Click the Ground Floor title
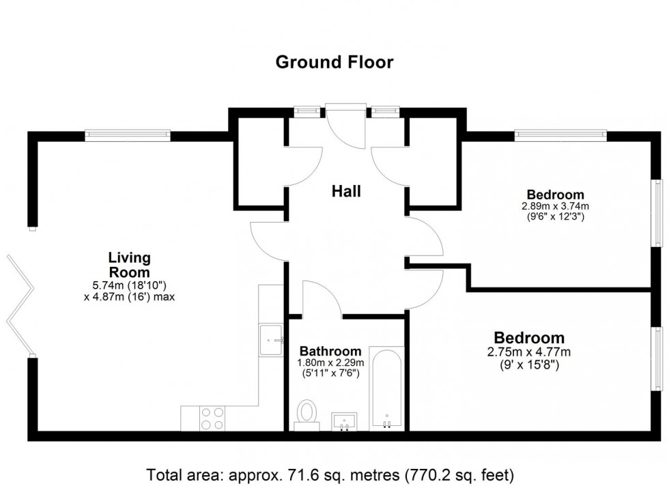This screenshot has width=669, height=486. coord(334,63)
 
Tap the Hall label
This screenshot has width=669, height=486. coord(346,192)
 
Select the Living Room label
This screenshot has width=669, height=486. coord(129,264)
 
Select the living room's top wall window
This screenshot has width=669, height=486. coord(128,136)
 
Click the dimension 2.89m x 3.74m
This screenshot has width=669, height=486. coord(555,205)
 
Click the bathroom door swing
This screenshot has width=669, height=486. coord(321,299)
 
